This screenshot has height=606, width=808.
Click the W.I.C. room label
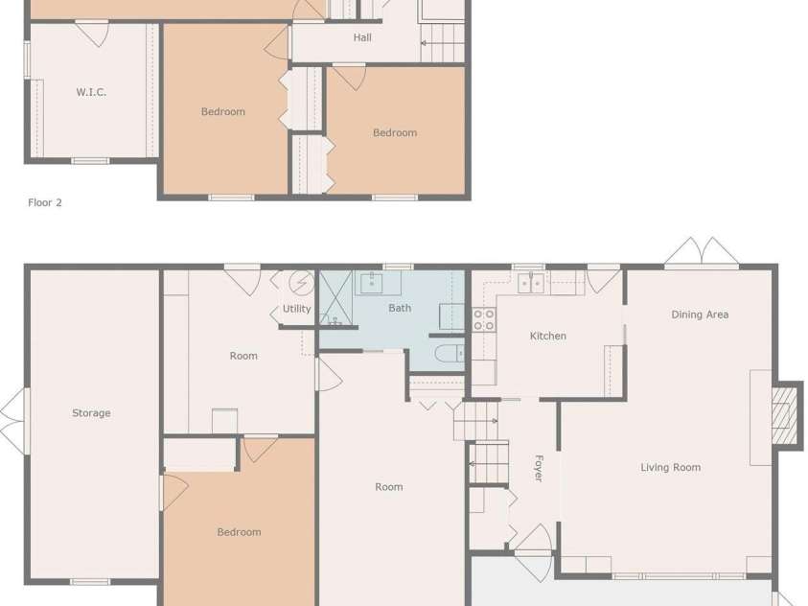(x=91, y=93)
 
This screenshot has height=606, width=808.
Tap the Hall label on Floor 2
(x=362, y=38)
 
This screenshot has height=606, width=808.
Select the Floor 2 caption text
(x=45, y=203)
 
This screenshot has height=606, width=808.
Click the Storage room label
(x=91, y=413)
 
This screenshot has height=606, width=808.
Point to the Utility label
(x=296, y=309)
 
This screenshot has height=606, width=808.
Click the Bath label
(x=400, y=308)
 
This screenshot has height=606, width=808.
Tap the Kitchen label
(x=547, y=336)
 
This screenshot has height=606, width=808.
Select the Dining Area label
(x=700, y=315)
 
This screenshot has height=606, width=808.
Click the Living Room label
(x=670, y=468)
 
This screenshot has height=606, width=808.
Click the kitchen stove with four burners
(x=483, y=319)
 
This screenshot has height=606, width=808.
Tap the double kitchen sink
(x=530, y=282)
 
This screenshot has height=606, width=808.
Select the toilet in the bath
(x=448, y=353)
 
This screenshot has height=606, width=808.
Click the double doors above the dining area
(x=702, y=252)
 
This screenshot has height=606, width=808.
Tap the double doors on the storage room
(x=12, y=412)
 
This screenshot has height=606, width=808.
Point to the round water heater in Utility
(x=301, y=283)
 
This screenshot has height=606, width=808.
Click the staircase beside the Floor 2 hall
(x=442, y=42)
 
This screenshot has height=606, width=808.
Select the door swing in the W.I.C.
(x=92, y=35)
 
